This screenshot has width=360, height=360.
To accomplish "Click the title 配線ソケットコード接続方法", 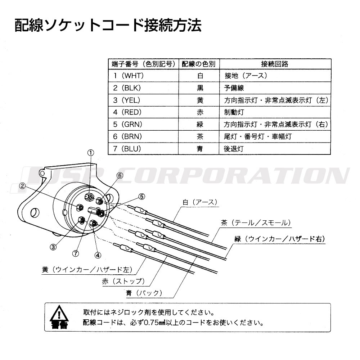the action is tap(108, 25).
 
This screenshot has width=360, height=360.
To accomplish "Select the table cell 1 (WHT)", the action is tap(129, 76).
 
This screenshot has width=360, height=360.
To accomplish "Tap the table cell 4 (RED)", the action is tap(127, 112).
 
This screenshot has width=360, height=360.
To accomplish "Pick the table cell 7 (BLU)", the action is tap(127, 149).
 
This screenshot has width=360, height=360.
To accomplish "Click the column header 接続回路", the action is tap(275, 64).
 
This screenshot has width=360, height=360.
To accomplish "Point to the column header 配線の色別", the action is tap(199, 64).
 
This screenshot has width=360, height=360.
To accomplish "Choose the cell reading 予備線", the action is tap(234, 88).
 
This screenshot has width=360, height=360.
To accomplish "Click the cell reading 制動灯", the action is tap(234, 112).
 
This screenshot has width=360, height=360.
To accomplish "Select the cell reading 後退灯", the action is tap(234, 149).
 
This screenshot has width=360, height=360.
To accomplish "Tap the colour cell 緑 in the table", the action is tap(200, 125).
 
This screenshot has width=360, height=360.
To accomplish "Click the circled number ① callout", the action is tap(91, 153).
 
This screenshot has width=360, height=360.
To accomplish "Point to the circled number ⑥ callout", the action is tap(120, 176).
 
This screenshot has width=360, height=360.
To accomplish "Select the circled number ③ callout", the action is tap(53, 247).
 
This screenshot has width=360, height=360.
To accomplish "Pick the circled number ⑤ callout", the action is tap(141, 197).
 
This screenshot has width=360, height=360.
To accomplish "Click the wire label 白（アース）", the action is tap(200, 202).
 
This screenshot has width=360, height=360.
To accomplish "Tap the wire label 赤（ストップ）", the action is tap(123, 281).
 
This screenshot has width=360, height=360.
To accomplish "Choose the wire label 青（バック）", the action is tap(144, 293).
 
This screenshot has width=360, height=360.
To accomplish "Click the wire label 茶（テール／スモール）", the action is tap(256, 223).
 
